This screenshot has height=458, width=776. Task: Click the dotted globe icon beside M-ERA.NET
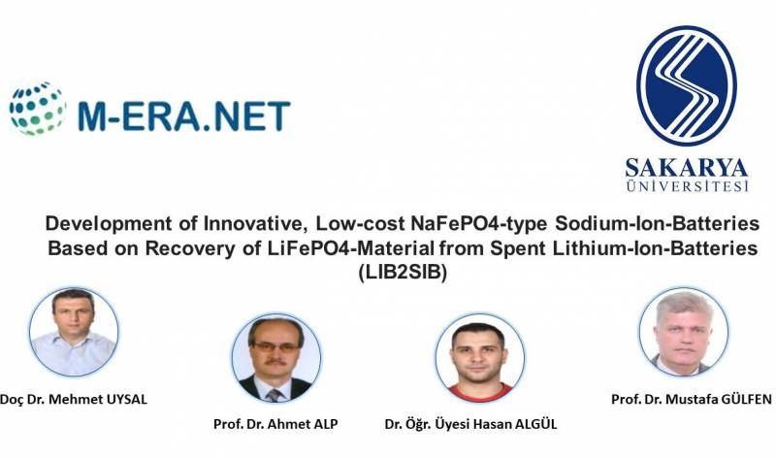tap(38, 109)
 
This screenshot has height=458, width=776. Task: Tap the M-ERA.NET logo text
tap(184, 116)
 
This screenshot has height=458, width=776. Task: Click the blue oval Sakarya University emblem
tap(687, 85)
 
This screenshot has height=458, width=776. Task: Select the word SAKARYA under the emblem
tap(687, 168)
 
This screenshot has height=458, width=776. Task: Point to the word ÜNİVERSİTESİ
tap(687, 185)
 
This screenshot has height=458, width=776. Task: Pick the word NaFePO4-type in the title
tap(478, 224)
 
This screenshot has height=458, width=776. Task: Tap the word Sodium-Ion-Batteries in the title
tap(658, 224)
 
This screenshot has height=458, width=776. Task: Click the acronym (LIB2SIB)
tap(403, 273)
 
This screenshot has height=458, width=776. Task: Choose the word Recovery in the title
tap(190, 248)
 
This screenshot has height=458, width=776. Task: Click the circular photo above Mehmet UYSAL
tap(74, 331)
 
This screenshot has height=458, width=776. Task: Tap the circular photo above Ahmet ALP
tap(276, 357)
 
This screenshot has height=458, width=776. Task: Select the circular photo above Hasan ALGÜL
tap(480, 357)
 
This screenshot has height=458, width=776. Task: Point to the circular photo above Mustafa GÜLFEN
tap(684, 331)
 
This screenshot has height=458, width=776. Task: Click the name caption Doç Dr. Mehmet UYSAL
tap(74, 399)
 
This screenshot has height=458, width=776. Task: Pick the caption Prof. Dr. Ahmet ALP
tap(275, 424)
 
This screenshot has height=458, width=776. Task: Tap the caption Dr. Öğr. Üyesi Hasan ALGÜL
tap(470, 424)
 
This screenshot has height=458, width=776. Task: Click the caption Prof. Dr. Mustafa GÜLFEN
tap(691, 399)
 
